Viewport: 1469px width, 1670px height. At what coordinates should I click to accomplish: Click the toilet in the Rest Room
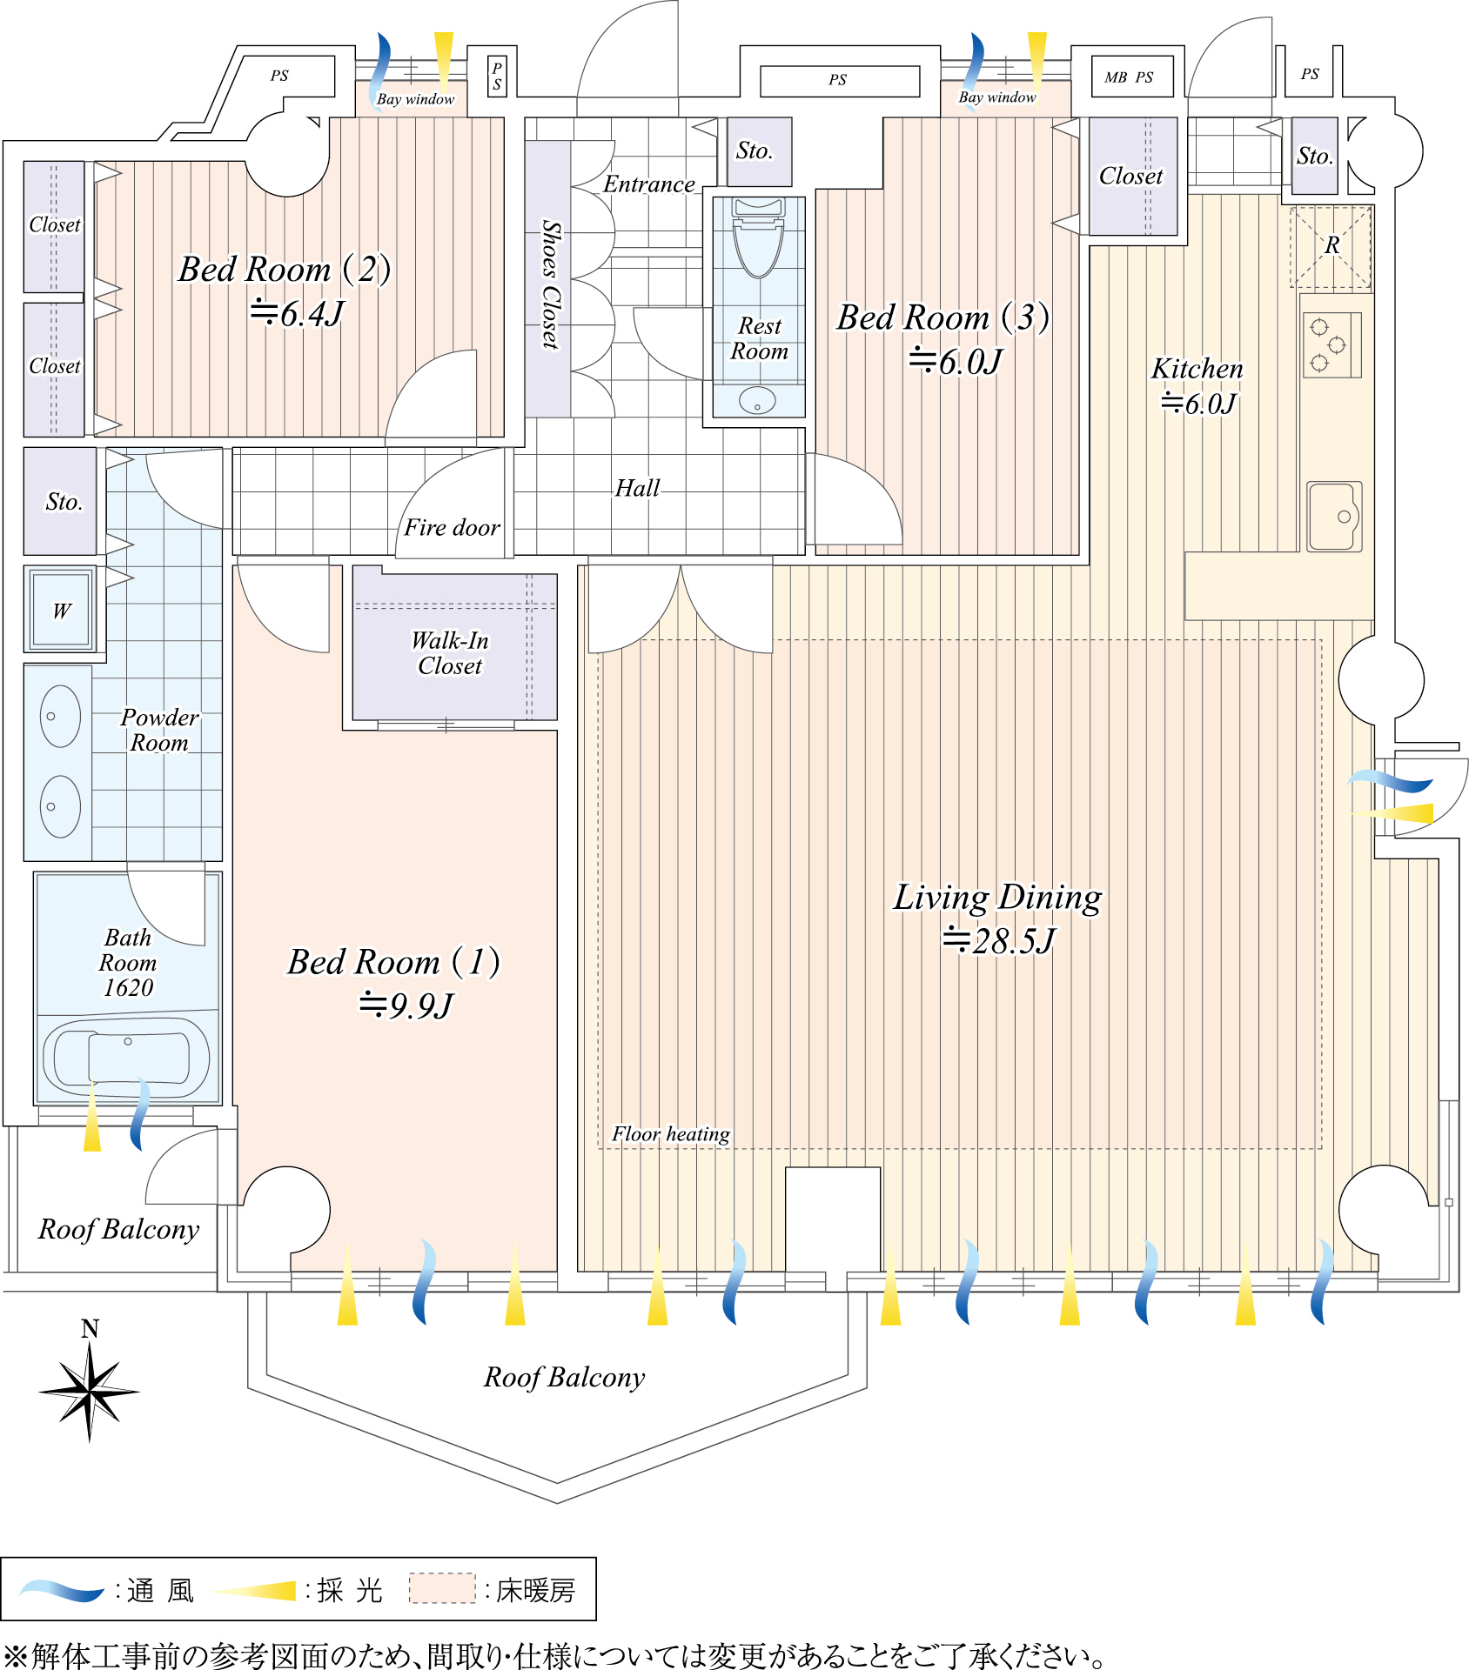[x=758, y=239]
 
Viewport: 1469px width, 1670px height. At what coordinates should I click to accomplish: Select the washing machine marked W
[x=60, y=610]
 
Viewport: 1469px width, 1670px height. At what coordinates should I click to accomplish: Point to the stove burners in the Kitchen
[x=1331, y=344]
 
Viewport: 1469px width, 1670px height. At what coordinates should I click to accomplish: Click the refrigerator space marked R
[x=1331, y=247]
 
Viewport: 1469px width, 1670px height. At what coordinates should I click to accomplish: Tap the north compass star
[x=90, y=1391]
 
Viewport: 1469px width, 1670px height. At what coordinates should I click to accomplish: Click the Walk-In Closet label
[x=450, y=652]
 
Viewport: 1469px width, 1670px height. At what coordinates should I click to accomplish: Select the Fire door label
[x=452, y=527]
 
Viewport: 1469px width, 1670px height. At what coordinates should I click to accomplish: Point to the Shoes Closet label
[x=550, y=284]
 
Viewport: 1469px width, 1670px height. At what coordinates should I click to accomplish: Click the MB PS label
[x=1129, y=77]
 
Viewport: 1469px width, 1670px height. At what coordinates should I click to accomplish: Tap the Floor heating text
[x=670, y=1133]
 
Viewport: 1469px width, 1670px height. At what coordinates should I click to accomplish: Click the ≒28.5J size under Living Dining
[x=998, y=940]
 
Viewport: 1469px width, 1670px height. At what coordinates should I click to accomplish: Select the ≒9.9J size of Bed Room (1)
[x=406, y=1005]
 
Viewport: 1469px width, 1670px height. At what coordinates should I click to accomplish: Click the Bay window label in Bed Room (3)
[x=997, y=97]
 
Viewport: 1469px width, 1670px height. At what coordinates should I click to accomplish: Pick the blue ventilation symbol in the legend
[x=61, y=1591]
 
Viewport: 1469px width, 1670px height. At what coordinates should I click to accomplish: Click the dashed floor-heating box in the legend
[x=442, y=1588]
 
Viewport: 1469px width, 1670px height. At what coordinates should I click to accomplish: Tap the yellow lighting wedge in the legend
[x=255, y=1591]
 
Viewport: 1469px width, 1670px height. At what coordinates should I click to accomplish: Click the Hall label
[x=637, y=488]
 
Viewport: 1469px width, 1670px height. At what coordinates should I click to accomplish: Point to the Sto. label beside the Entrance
[x=754, y=150]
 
